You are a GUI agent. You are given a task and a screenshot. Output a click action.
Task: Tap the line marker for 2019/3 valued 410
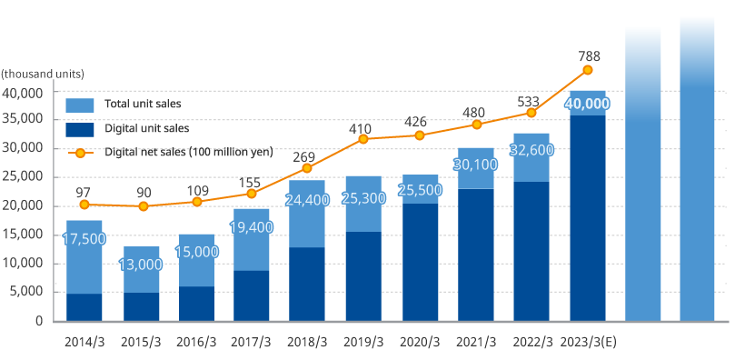tap(363, 139)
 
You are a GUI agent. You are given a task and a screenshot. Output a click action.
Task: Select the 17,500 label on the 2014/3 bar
tap(84, 238)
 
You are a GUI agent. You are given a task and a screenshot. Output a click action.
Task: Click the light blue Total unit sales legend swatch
tap(80, 105)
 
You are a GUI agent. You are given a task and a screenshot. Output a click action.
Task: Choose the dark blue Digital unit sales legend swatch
tap(80, 128)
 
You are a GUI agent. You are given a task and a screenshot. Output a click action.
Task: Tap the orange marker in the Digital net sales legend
tap(80, 152)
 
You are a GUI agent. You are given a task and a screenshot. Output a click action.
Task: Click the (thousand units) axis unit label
tap(43, 73)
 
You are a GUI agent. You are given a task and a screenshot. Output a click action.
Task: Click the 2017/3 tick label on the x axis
tap(252, 342)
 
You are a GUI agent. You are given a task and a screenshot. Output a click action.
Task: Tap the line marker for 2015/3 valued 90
tap(141, 206)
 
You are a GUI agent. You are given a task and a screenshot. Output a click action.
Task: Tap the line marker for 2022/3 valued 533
tap(531, 113)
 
